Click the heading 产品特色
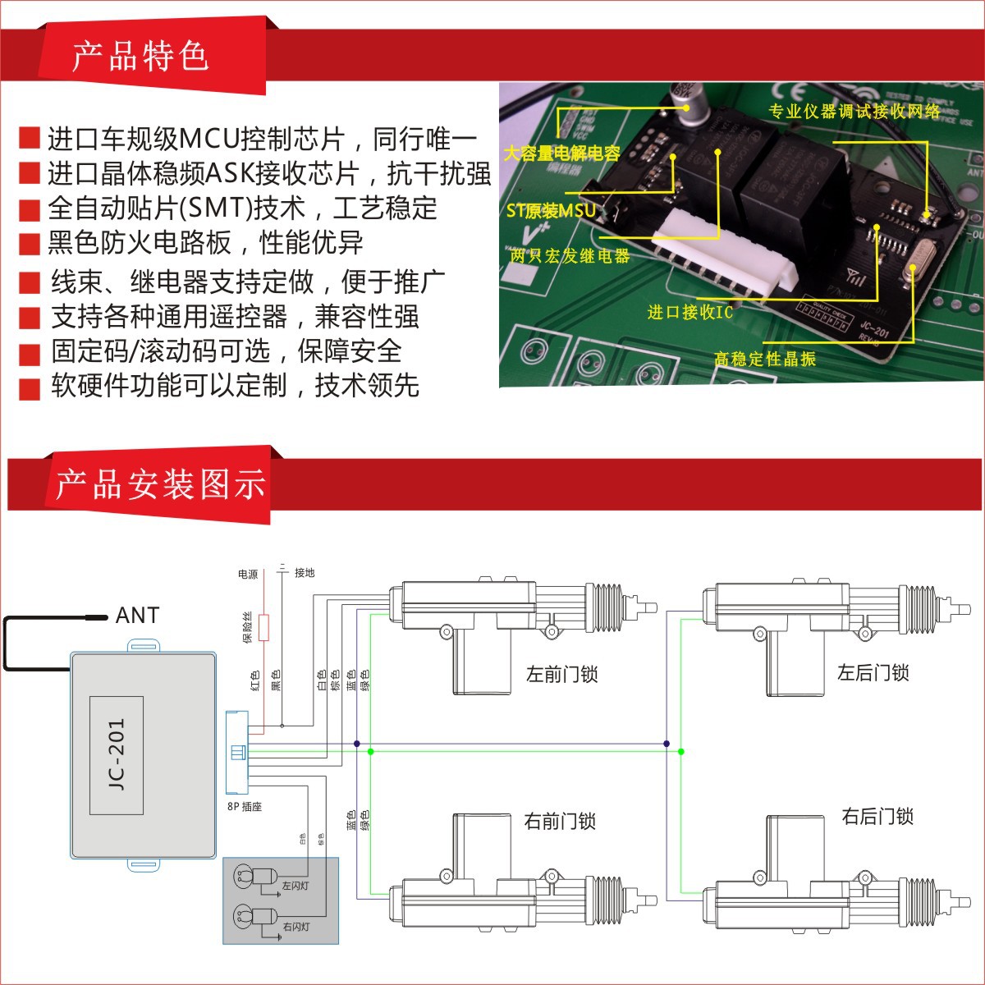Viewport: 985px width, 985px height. point(140,57)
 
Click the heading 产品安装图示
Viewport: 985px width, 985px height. point(160,484)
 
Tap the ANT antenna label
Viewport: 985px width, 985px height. point(137,615)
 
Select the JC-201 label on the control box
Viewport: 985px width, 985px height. point(117,755)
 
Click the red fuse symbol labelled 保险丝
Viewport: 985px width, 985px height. point(264,627)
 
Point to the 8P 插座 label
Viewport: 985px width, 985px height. point(244,807)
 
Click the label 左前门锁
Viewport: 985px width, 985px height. point(561,675)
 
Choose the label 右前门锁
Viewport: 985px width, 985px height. point(560,821)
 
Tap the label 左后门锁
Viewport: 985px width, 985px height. point(873,673)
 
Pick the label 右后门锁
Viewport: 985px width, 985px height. point(877,817)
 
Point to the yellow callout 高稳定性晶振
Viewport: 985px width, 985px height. point(764,359)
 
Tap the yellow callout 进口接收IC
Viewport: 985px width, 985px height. point(689,312)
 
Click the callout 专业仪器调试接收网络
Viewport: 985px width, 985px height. point(854,111)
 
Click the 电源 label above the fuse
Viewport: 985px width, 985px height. point(248,574)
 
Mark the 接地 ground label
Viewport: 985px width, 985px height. point(305,573)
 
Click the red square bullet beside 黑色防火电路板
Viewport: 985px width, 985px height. point(30,244)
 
